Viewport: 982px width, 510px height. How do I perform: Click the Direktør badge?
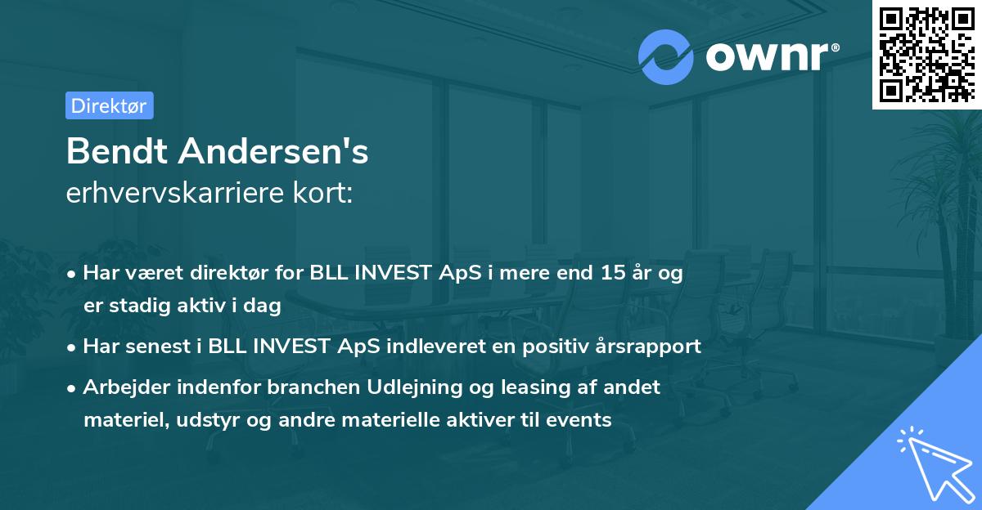click(x=109, y=105)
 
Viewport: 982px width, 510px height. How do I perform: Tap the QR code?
click(x=926, y=55)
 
